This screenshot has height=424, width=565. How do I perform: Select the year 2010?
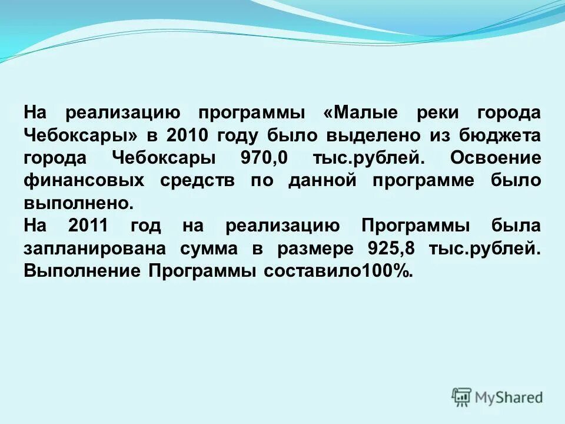(188, 135)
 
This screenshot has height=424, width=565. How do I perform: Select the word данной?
(322, 181)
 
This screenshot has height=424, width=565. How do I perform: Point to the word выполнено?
(79, 204)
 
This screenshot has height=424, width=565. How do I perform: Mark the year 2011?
(88, 226)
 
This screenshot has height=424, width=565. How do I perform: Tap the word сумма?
(209, 249)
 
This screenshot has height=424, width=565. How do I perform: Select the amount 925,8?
(391, 249)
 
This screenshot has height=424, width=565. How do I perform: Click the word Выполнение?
(82, 271)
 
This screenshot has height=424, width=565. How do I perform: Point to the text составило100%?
(338, 271)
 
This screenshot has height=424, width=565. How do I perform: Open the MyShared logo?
(497, 397)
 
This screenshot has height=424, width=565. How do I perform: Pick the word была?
(517, 226)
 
